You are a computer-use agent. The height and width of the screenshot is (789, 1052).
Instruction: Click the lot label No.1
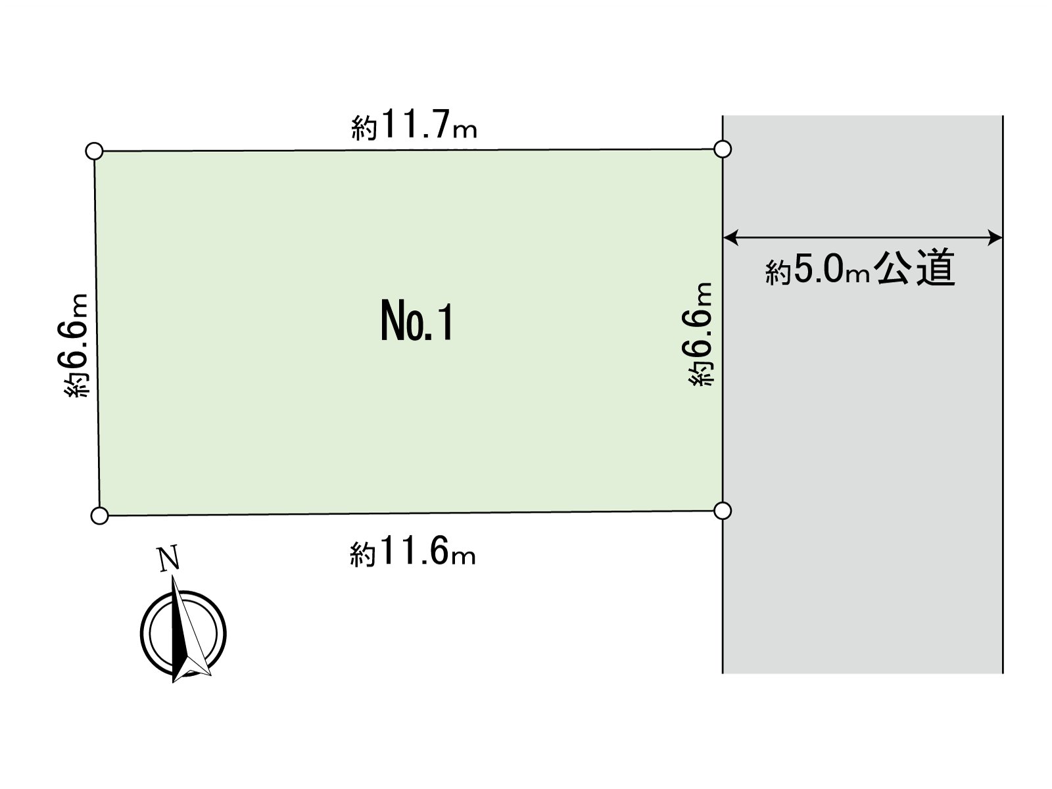[416, 320]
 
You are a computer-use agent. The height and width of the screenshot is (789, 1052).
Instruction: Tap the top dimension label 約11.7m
[414, 124]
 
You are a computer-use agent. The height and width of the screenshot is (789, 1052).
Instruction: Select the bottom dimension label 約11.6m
[413, 552]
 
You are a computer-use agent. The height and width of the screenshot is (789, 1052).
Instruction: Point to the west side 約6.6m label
[76, 345]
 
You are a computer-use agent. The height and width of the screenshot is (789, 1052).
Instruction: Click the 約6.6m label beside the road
[700, 334]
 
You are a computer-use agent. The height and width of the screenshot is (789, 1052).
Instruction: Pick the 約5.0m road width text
[817, 269]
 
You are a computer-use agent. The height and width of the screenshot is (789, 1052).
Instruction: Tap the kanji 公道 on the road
[915, 268]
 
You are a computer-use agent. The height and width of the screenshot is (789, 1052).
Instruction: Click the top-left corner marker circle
[95, 151]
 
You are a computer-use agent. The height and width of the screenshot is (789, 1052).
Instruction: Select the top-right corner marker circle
[722, 149]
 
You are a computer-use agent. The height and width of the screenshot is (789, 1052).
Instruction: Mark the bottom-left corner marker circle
[99, 515]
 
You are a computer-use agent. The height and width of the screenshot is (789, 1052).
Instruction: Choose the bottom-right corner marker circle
[722, 511]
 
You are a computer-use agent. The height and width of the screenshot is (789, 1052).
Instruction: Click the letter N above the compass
[169, 559]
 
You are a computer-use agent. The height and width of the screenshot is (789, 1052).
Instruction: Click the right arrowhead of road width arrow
[995, 237]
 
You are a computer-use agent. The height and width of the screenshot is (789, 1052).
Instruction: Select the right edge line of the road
[1003, 394]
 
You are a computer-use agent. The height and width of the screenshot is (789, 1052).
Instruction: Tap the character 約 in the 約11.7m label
[364, 128]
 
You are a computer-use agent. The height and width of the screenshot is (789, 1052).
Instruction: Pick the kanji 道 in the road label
[936, 268]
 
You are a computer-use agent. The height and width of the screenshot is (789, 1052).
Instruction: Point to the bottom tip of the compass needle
[173, 682]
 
